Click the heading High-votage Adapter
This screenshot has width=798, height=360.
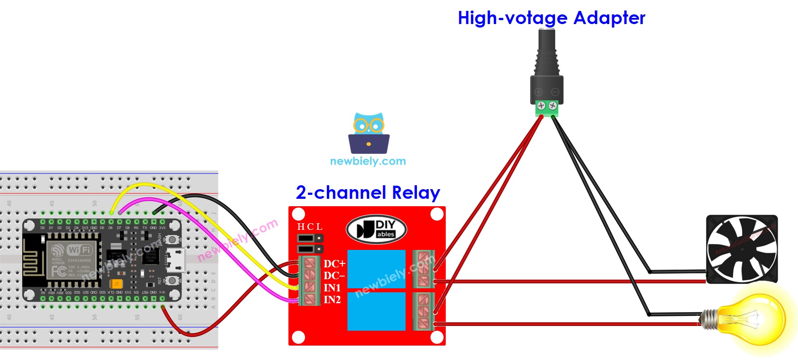point(551,18)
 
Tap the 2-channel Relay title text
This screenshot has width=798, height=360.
point(368,192)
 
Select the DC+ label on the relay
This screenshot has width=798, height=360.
point(334,263)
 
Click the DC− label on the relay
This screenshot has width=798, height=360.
point(334,276)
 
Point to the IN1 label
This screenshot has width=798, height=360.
point(332,288)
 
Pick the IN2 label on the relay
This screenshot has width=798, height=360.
point(332,300)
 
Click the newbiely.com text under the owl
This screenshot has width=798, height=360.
point(368,161)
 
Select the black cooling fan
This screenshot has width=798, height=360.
point(742,249)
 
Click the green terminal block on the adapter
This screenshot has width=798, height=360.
point(547,108)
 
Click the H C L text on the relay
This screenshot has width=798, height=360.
point(310,227)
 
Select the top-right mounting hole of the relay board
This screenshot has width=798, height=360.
point(437,214)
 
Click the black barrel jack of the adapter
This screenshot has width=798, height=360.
point(546,52)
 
